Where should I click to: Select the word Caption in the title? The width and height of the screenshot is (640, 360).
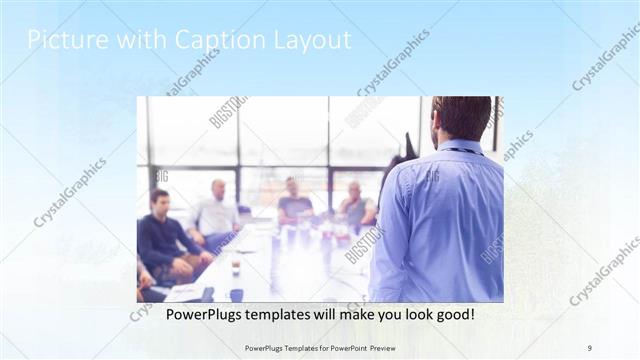(x=201, y=40)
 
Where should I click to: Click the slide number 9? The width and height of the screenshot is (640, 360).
(x=589, y=347)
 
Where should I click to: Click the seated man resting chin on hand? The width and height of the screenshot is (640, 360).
(x=355, y=203)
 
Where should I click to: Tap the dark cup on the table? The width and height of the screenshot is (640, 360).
(x=236, y=267)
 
